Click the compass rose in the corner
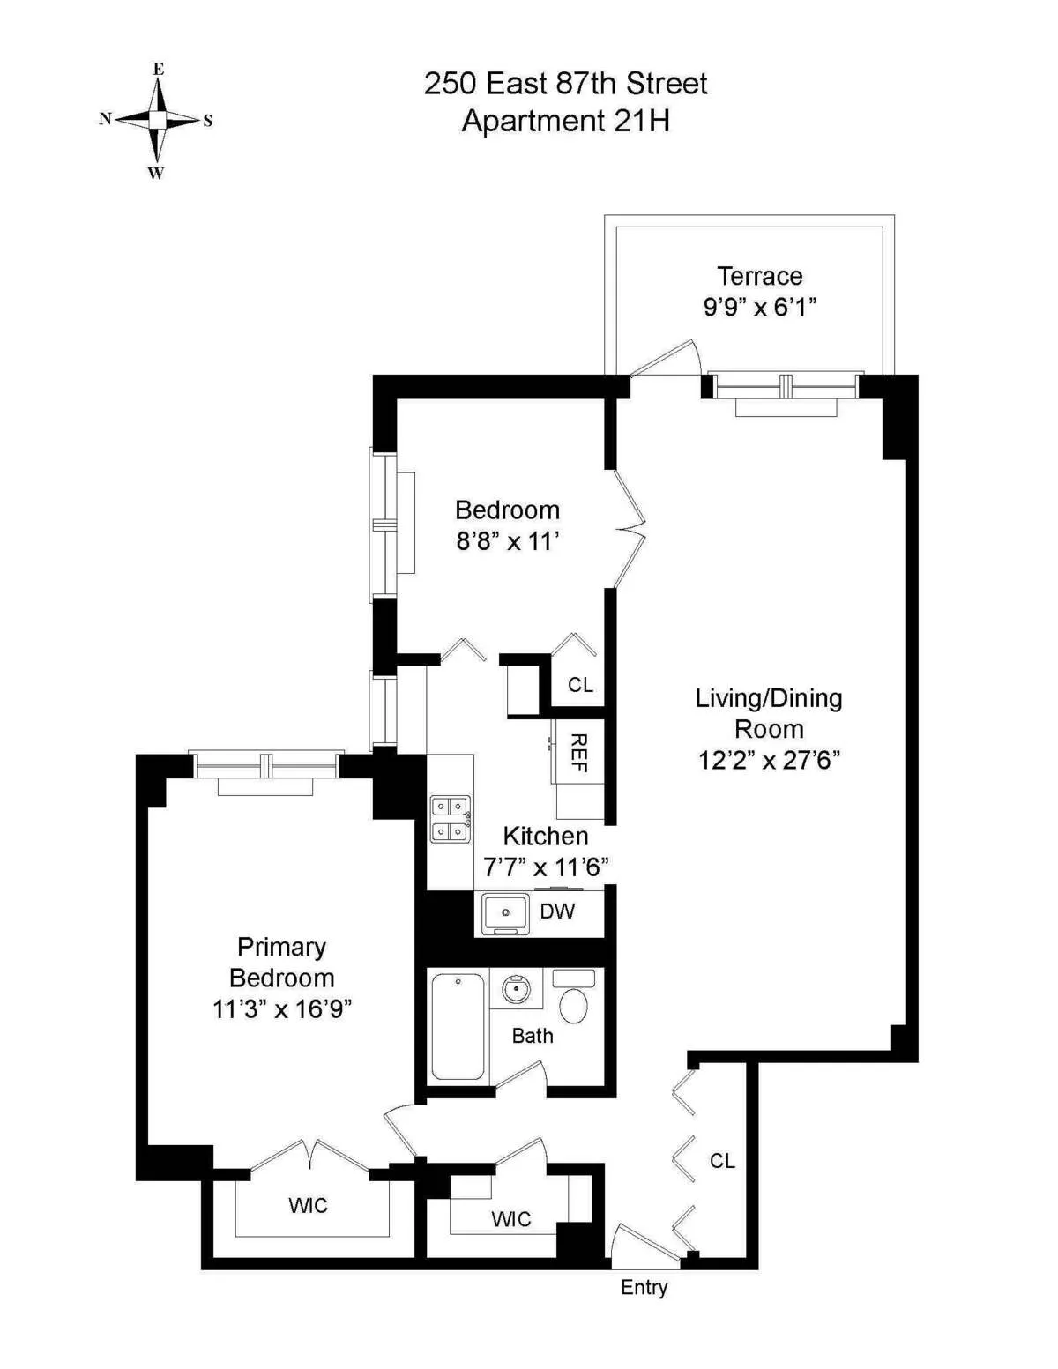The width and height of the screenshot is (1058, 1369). (157, 120)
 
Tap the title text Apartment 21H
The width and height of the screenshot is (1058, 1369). (565, 121)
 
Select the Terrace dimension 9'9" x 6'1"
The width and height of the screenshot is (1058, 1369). (759, 307)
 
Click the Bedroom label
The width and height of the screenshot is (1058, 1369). (507, 510)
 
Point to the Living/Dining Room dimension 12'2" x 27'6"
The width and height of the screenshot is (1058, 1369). (769, 760)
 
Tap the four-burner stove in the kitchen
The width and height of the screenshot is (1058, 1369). (450, 819)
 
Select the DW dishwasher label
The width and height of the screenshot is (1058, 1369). (557, 911)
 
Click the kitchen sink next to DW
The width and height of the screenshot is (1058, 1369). (506, 912)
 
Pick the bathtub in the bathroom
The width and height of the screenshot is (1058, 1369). (458, 1025)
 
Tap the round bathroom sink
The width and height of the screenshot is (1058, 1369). (516, 990)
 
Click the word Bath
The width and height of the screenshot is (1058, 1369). (533, 1036)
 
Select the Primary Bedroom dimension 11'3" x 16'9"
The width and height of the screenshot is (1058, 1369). (282, 1008)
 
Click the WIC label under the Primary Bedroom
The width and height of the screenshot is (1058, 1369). (308, 1205)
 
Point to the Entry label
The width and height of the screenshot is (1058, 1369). (644, 1287)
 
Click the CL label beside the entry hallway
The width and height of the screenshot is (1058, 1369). (722, 1161)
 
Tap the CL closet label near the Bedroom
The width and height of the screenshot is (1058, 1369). (580, 685)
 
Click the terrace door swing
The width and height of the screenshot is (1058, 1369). (667, 357)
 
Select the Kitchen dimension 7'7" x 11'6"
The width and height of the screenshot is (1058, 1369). (546, 867)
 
